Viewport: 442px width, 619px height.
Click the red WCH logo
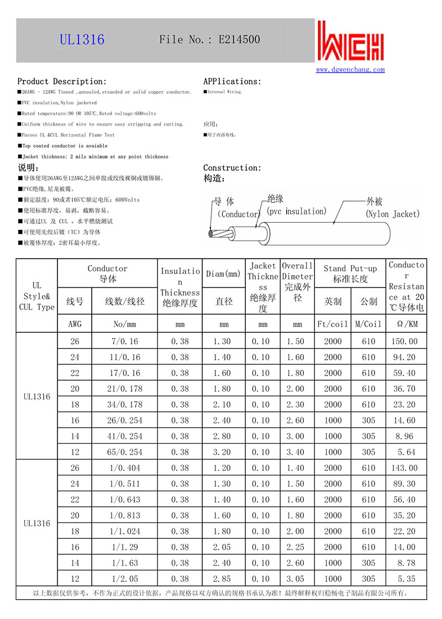click(x=350, y=42)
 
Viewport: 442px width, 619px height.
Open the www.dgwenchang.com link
click(x=350, y=70)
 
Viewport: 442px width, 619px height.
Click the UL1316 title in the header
click(x=82, y=40)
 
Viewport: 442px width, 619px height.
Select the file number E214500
click(x=239, y=40)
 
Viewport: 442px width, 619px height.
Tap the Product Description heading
click(x=62, y=81)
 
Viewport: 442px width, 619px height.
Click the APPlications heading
click(x=232, y=81)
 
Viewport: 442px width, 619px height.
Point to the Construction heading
click(x=232, y=167)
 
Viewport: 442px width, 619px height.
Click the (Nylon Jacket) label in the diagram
click(x=393, y=214)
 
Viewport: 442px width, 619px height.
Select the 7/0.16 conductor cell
click(x=125, y=342)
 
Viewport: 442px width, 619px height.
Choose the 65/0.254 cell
click(x=125, y=452)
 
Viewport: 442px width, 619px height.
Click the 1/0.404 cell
click(x=125, y=468)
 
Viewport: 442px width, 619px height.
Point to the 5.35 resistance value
click(x=406, y=579)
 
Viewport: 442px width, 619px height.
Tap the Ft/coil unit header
click(x=333, y=324)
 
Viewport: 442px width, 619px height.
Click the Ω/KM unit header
click(x=406, y=324)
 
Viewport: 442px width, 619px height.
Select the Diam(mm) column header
click(x=224, y=274)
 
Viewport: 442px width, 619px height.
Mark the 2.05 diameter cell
click(x=224, y=547)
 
